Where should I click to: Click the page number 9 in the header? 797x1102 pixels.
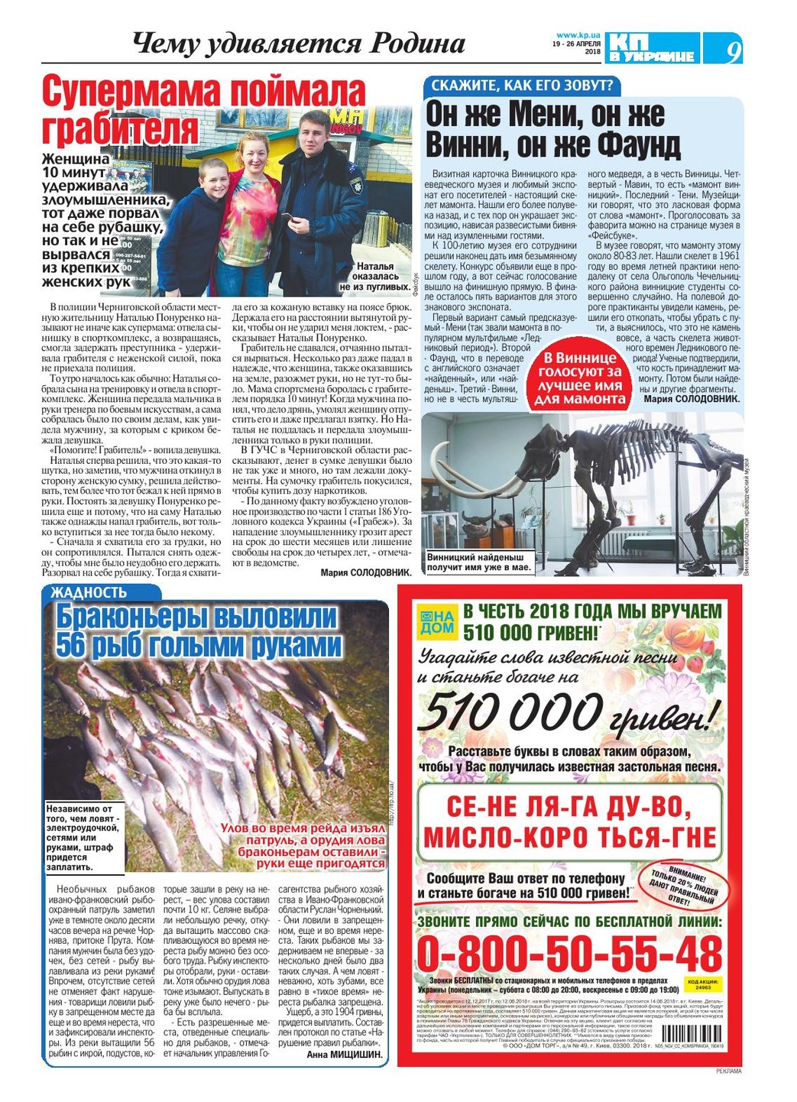pyautogui.click(x=733, y=51)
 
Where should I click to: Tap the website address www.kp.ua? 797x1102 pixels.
pyautogui.click(x=577, y=35)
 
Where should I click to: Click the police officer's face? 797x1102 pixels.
pyautogui.click(x=314, y=132)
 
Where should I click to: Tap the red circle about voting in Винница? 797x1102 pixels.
pyautogui.click(x=580, y=378)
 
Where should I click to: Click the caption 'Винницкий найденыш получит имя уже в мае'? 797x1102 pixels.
pyautogui.click(x=478, y=562)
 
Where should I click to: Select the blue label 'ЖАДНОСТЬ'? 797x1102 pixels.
pyautogui.click(x=89, y=592)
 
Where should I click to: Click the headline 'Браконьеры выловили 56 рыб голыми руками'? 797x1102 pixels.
pyautogui.click(x=199, y=631)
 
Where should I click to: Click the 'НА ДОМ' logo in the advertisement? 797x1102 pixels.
pyautogui.click(x=436, y=621)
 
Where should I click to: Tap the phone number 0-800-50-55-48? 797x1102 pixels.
pyautogui.click(x=569, y=954)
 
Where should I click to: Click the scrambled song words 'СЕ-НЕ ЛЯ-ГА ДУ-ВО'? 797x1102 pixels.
pyautogui.click(x=570, y=806)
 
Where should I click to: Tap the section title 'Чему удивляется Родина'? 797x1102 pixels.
pyautogui.click(x=298, y=44)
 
